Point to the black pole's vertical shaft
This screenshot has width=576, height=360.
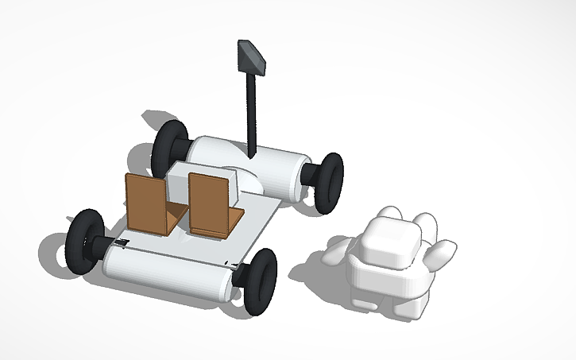[253, 111]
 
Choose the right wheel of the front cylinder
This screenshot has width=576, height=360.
[260, 280]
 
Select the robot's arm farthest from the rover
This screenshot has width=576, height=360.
[440, 254]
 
